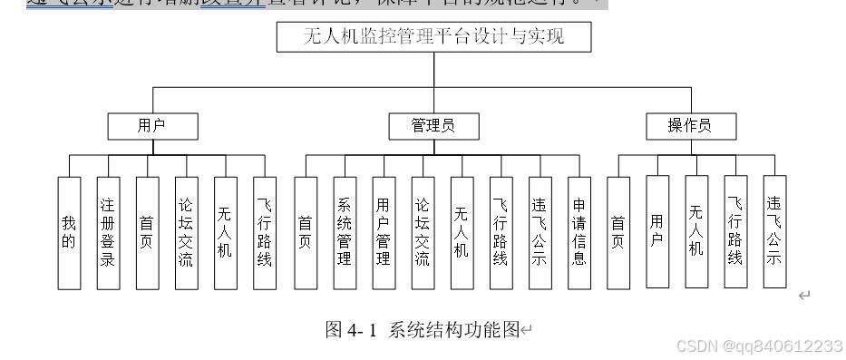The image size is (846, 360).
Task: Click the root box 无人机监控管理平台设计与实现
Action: click(433, 37)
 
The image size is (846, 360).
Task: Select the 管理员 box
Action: click(433, 126)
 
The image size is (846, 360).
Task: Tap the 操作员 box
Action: click(690, 126)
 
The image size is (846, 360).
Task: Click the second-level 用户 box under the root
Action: click(151, 126)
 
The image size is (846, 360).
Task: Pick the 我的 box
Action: click(69, 233)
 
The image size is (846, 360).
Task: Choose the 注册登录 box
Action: click(108, 233)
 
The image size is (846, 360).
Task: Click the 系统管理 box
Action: click(345, 233)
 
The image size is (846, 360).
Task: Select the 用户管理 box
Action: click(384, 233)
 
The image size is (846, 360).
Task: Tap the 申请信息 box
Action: click(579, 233)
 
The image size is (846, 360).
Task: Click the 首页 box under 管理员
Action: click(306, 233)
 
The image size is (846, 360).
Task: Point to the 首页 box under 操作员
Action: click(618, 233)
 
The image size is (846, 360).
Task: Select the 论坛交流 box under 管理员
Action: click(423, 233)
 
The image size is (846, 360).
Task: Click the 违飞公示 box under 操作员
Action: click(774, 231)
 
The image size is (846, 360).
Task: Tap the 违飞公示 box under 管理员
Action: click(540, 233)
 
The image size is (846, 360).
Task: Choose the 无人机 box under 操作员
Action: click(696, 231)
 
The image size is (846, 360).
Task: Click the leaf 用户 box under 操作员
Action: click(657, 231)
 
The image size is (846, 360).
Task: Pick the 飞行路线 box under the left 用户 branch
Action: click(264, 233)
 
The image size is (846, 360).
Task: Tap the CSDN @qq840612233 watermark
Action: click(760, 346)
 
